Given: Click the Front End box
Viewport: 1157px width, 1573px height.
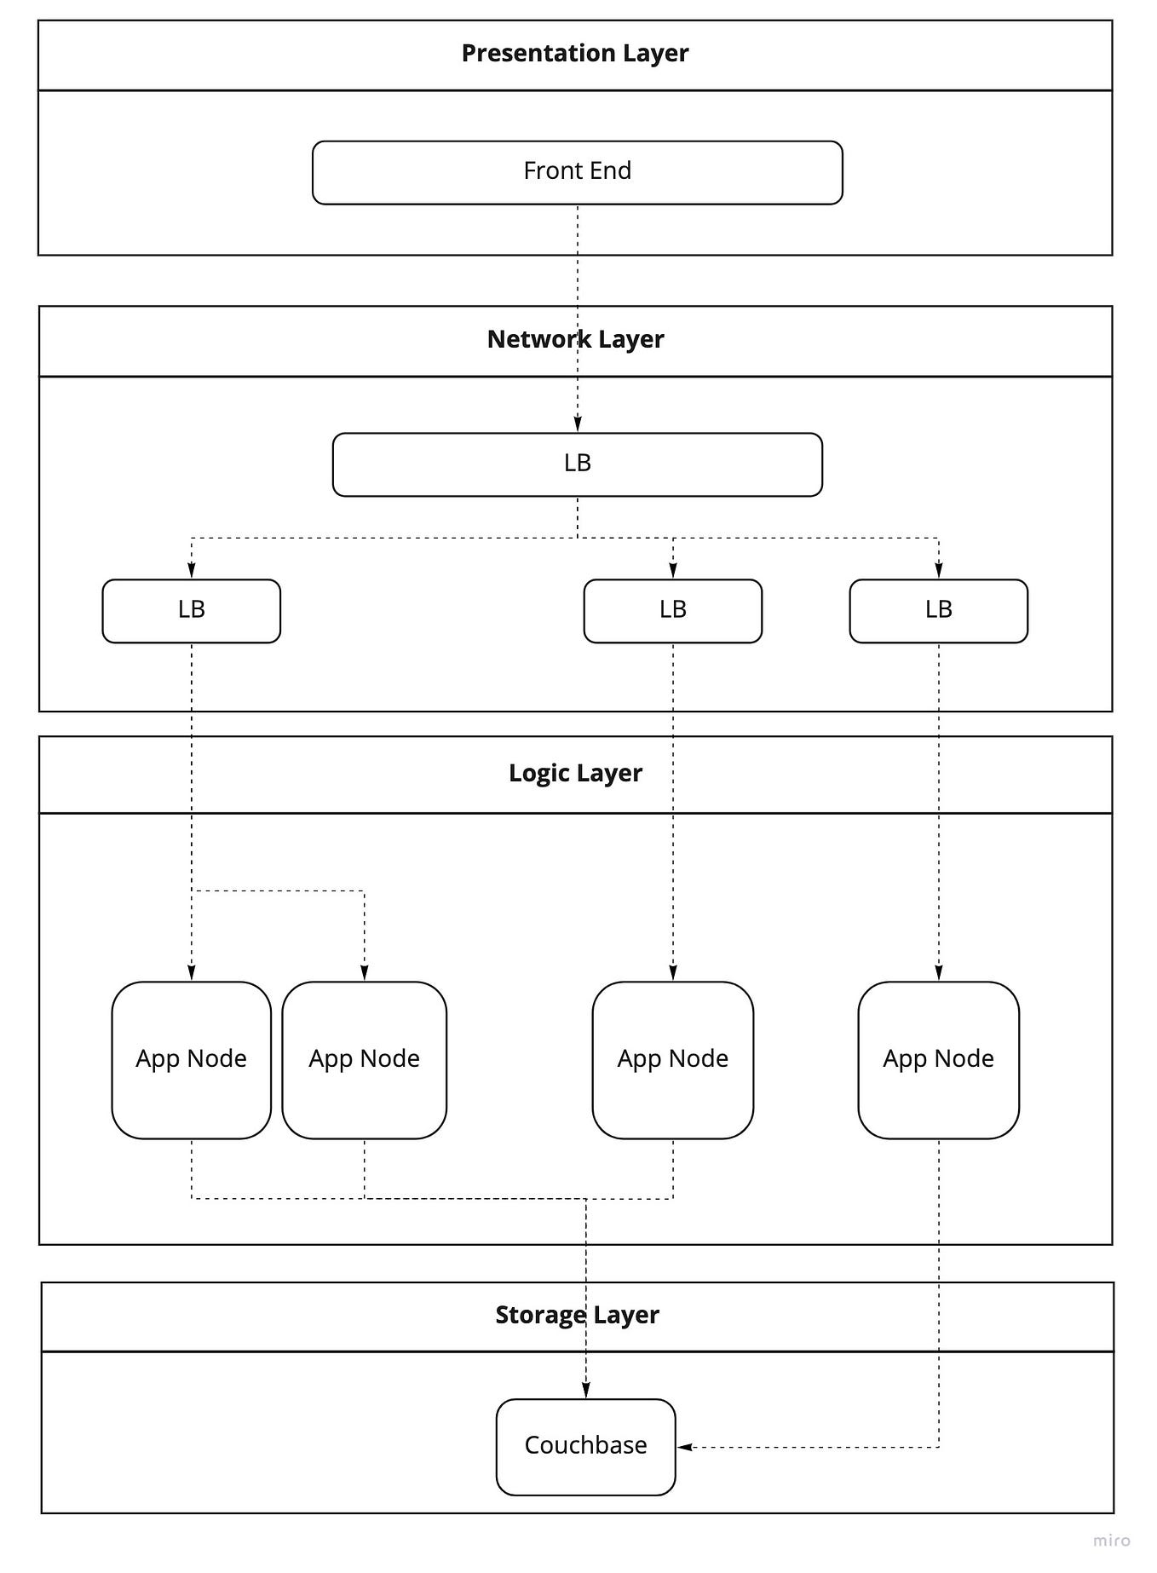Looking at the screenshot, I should pos(577,172).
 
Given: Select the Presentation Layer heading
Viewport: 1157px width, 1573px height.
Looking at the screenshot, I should pos(575,53).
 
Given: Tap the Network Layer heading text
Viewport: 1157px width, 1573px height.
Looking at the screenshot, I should pos(575,339).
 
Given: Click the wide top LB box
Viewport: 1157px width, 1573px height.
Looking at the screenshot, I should pos(577,464).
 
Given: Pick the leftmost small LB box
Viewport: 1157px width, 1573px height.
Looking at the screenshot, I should pos(191,610).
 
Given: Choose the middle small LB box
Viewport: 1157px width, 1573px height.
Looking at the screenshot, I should pos(672,610).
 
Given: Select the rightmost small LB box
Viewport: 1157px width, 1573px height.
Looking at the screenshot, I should pos(938,610).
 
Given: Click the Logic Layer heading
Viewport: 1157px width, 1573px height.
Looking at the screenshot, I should pos(575,773).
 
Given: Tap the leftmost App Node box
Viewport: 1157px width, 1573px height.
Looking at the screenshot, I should pos(191,1059).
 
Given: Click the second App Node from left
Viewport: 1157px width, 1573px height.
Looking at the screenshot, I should pos(364,1059).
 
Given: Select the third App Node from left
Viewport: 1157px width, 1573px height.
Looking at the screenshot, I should pos(672,1059).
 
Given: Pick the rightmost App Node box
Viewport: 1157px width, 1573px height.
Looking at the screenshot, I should pos(938,1059).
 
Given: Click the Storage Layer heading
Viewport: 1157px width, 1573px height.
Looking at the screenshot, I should pos(577,1315).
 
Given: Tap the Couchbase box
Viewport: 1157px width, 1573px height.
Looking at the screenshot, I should pos(585,1446).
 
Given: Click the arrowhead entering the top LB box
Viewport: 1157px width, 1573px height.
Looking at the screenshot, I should pos(578,424).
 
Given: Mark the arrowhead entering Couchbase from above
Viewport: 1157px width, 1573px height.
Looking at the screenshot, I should pos(586,1391).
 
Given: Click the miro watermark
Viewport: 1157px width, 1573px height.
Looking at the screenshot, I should pos(1112,1541).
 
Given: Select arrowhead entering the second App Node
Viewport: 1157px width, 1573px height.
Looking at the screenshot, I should pos(365,973).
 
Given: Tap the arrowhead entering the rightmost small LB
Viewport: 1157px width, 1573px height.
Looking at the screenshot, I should pos(939,571).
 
